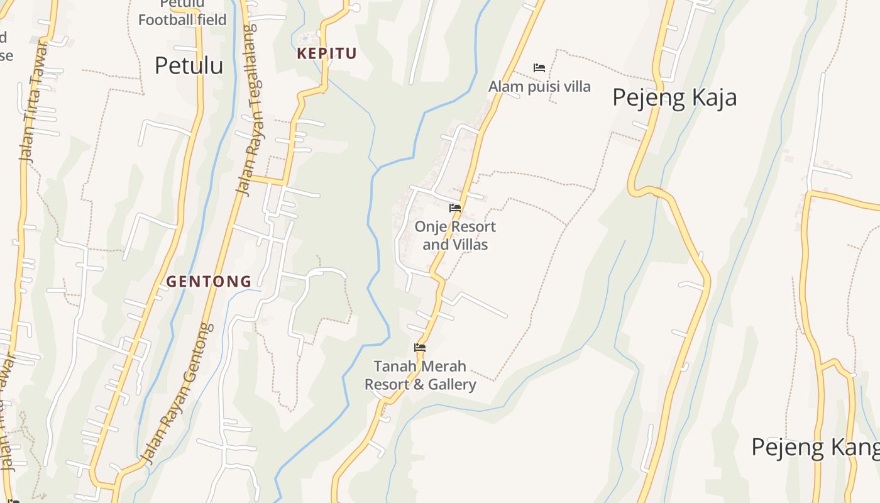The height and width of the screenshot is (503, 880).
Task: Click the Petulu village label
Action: click(189, 65)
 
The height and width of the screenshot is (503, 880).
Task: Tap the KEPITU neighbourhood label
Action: click(326, 54)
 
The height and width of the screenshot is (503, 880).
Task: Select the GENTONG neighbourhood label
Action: click(209, 282)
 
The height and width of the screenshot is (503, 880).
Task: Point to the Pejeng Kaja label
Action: click(674, 98)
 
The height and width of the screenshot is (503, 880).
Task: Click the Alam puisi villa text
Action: click(539, 86)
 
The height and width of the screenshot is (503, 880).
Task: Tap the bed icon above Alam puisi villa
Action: click(539, 68)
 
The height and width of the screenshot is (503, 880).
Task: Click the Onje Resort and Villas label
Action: click(455, 235)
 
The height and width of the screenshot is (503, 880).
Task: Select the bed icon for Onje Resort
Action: click(455, 208)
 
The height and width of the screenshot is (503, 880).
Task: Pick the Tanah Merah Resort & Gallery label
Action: click(420, 375)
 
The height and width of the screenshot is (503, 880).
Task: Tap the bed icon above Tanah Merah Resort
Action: click(420, 348)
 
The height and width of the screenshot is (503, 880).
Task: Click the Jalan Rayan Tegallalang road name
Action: click(250, 110)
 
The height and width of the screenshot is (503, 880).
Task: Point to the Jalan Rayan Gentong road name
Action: click(180, 393)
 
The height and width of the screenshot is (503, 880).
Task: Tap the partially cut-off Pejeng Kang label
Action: click(815, 448)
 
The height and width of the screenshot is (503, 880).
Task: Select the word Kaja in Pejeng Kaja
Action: click(710, 98)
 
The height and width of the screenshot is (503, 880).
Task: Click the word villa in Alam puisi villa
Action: click(576, 86)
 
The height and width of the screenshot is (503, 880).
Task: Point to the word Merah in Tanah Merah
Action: click(444, 366)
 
